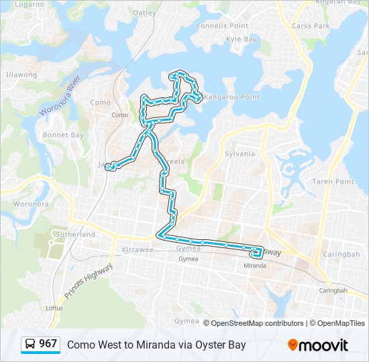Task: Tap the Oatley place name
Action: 144,13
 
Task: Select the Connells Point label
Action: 221,25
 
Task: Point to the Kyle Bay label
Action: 242,40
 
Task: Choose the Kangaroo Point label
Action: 231,97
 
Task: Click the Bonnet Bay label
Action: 63,135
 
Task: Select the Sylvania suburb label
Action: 240,154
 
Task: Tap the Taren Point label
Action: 333,182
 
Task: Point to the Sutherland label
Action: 75,235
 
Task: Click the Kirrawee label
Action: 138,249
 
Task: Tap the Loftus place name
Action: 54,308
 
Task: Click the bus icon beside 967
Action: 31,345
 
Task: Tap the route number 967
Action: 48,344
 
